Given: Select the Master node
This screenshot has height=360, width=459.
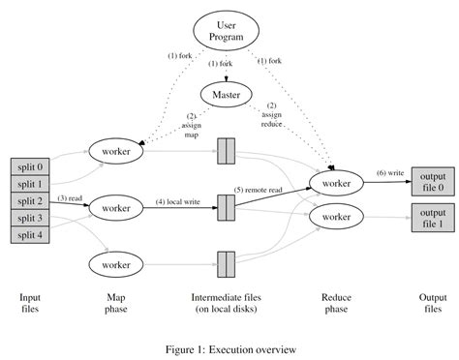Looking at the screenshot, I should [228, 94].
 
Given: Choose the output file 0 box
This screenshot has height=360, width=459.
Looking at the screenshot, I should [433, 181].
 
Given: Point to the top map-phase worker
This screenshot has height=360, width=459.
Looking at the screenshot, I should [115, 150].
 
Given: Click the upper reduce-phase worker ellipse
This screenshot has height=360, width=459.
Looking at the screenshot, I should [336, 183].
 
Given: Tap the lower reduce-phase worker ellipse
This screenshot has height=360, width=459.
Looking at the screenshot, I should [336, 218].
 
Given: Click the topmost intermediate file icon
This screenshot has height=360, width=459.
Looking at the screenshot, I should [228, 151].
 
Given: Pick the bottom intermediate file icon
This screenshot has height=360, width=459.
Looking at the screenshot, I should [228, 263].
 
